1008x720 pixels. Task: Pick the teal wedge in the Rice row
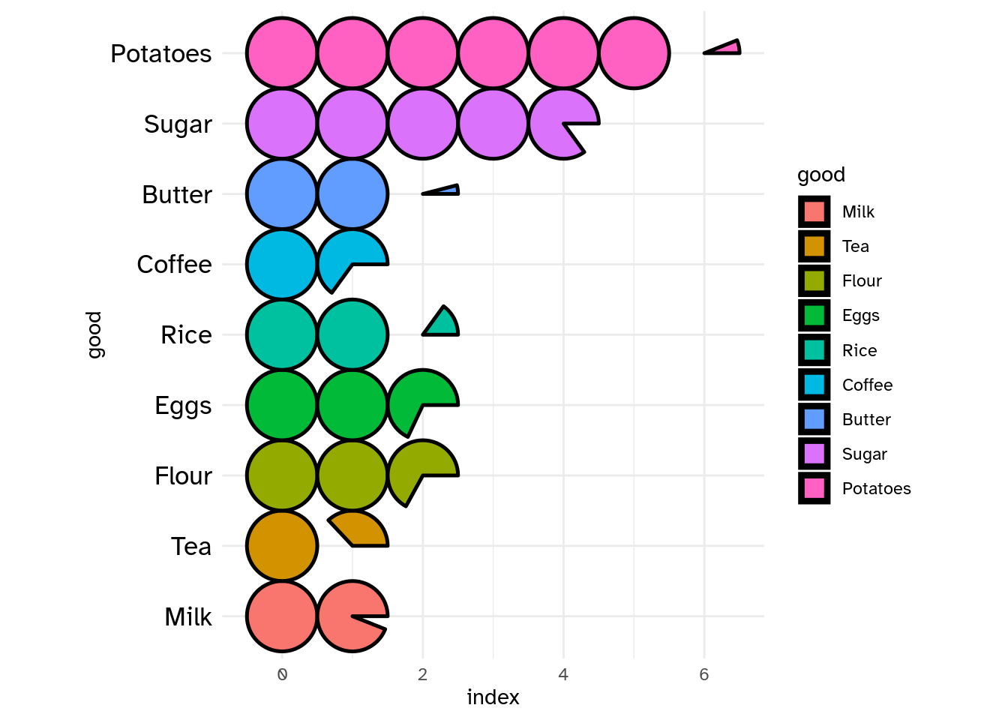click(x=442, y=324)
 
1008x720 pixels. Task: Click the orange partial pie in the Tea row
click(x=361, y=530)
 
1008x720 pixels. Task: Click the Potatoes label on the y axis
click(x=160, y=54)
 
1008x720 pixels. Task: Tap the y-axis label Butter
click(x=177, y=195)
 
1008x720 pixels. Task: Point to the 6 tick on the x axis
click(x=703, y=675)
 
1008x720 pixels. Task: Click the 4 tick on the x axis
click(x=563, y=675)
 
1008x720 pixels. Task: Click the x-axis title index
click(x=493, y=697)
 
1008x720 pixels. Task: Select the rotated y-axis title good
click(x=94, y=335)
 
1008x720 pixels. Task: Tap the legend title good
click(x=820, y=175)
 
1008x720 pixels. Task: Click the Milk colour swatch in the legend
click(x=814, y=212)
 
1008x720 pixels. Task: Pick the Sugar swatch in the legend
click(x=814, y=454)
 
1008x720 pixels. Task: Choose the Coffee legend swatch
click(x=814, y=385)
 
